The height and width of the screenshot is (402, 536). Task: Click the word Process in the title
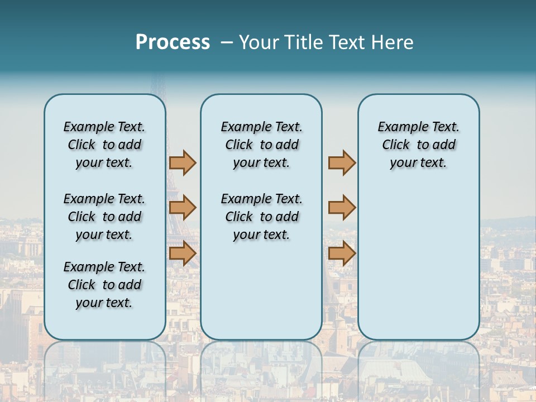(x=173, y=42)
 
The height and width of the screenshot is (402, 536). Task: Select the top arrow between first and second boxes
(x=183, y=162)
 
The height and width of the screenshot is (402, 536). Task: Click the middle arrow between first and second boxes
(x=183, y=208)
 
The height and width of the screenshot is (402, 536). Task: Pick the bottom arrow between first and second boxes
(x=183, y=253)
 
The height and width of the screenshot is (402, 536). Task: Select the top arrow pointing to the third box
(x=342, y=162)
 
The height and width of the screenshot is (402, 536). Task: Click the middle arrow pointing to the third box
(x=342, y=208)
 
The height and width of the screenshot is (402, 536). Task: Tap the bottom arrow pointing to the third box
(x=342, y=253)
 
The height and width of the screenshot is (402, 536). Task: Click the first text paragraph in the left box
(x=104, y=145)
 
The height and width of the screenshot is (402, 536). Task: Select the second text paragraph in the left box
(x=104, y=217)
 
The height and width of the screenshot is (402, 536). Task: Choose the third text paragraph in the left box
(x=104, y=285)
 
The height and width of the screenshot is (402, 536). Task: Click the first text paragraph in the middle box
(x=262, y=145)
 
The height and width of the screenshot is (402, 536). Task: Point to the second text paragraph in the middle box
(x=262, y=217)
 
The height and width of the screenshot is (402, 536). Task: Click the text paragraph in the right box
(x=419, y=145)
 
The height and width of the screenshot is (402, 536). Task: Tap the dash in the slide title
(x=227, y=42)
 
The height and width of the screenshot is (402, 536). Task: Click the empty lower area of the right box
(x=419, y=262)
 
